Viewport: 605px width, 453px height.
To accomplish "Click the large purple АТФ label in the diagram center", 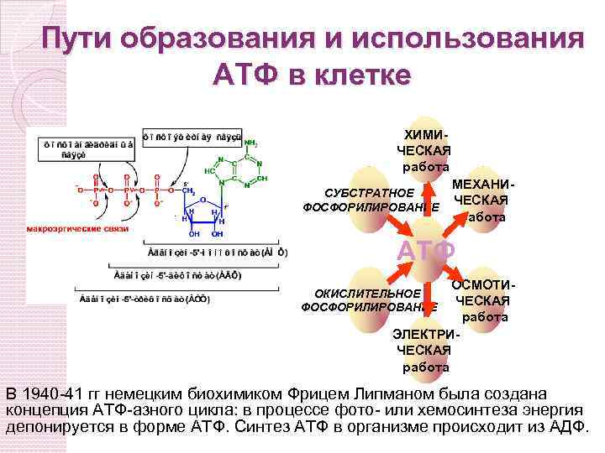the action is point(426,251).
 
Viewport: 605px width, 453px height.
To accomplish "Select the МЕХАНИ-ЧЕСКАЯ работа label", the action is point(480,200).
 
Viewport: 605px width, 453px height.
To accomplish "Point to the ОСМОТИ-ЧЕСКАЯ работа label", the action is point(482,301).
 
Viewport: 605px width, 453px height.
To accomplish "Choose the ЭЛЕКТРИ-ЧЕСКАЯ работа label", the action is point(423,350).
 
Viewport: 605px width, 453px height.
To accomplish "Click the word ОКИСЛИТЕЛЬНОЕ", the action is point(367,294).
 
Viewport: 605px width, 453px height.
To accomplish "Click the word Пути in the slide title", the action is point(78,41).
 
